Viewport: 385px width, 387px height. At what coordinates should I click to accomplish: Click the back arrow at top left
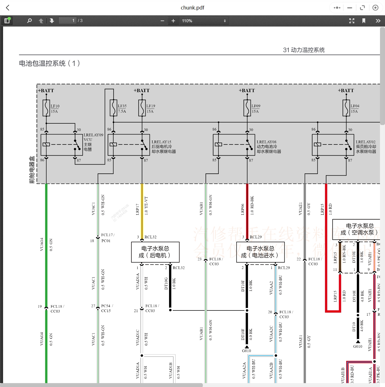(x=8, y=8)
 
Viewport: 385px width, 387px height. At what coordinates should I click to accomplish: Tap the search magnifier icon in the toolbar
(x=29, y=21)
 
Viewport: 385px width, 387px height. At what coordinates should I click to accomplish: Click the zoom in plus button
(x=173, y=21)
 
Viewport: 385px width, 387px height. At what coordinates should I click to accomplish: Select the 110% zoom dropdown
(x=204, y=21)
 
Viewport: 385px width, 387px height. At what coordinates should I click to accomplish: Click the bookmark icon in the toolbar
(x=364, y=21)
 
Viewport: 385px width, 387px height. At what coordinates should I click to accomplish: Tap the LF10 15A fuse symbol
(x=46, y=108)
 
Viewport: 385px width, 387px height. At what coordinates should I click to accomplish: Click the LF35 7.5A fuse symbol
(x=113, y=108)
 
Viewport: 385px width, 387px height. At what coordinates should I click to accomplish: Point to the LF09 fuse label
(x=256, y=106)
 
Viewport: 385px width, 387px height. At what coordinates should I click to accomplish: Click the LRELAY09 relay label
(x=93, y=135)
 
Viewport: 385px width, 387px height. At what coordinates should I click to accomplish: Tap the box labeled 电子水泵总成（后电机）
(x=155, y=252)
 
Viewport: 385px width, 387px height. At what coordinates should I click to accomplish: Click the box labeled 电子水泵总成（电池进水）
(x=260, y=252)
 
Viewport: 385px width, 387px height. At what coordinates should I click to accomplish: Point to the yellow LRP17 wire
(x=142, y=209)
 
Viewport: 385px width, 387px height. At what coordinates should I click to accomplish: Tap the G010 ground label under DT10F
(x=246, y=351)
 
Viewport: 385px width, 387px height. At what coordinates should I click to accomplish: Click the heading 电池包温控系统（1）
(x=50, y=63)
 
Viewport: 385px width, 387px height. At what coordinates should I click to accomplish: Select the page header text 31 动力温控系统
(x=304, y=50)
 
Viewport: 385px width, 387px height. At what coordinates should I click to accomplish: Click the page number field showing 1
(x=68, y=21)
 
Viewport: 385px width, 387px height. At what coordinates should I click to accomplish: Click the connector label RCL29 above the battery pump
(x=256, y=237)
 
